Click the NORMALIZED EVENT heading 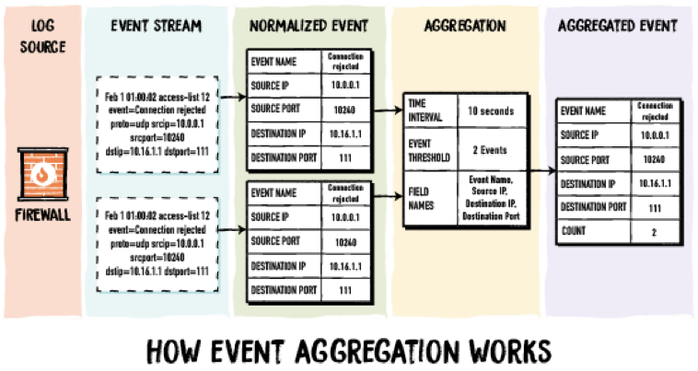(x=309, y=26)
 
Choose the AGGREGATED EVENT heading (x=617, y=26)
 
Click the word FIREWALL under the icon (x=40, y=221)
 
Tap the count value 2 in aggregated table (x=653, y=233)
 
